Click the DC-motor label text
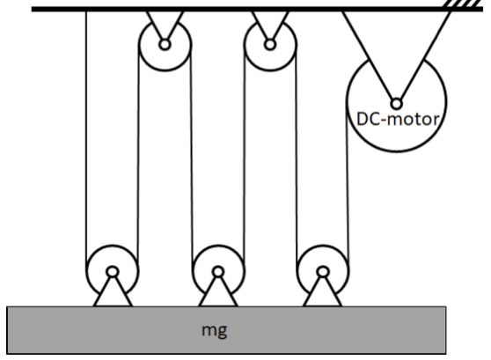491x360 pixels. [398, 119]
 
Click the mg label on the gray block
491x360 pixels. [215, 331]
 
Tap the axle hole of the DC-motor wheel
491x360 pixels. [397, 104]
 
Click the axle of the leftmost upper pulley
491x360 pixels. [165, 45]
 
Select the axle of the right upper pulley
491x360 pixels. [270, 45]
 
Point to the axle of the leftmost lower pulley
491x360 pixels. [113, 272]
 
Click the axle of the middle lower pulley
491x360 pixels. [218, 272]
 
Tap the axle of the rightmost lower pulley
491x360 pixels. [323, 272]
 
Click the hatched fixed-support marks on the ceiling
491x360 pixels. [464, 4]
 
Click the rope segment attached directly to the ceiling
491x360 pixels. [86, 141]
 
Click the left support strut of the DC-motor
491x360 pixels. [368, 56]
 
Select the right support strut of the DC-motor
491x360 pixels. [425, 56]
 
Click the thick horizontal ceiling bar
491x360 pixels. [257, 9]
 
